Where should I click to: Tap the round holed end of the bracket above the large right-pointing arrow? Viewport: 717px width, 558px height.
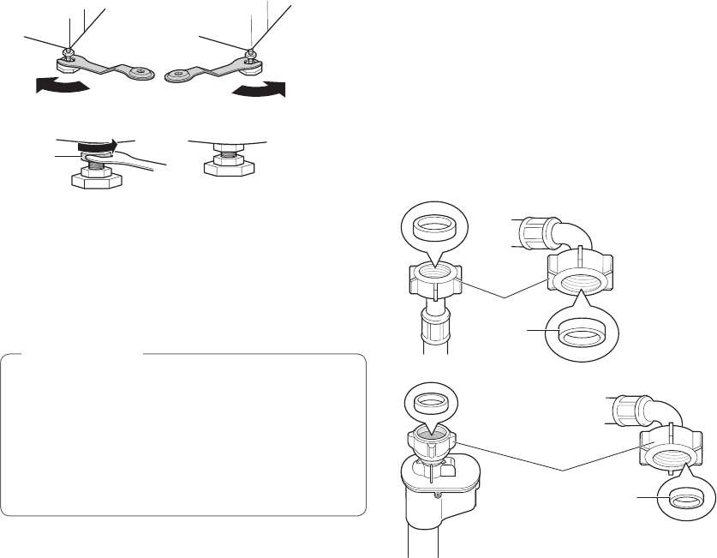177,75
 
